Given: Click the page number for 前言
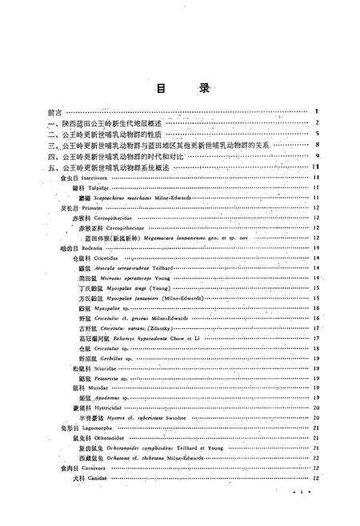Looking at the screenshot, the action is click(x=318, y=112).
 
